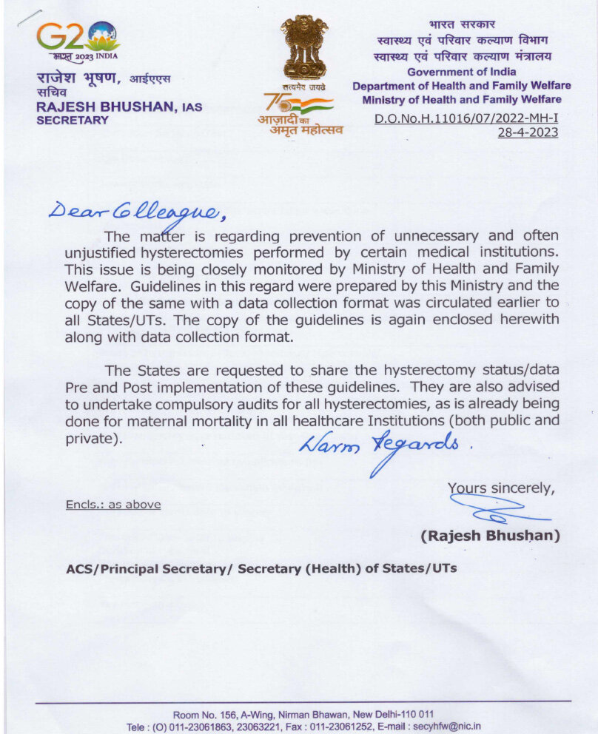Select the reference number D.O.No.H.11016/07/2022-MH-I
pos(466,118)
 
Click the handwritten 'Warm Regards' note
pos(384,448)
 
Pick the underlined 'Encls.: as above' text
pos(112,505)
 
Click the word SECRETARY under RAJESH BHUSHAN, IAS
pos(73,120)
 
